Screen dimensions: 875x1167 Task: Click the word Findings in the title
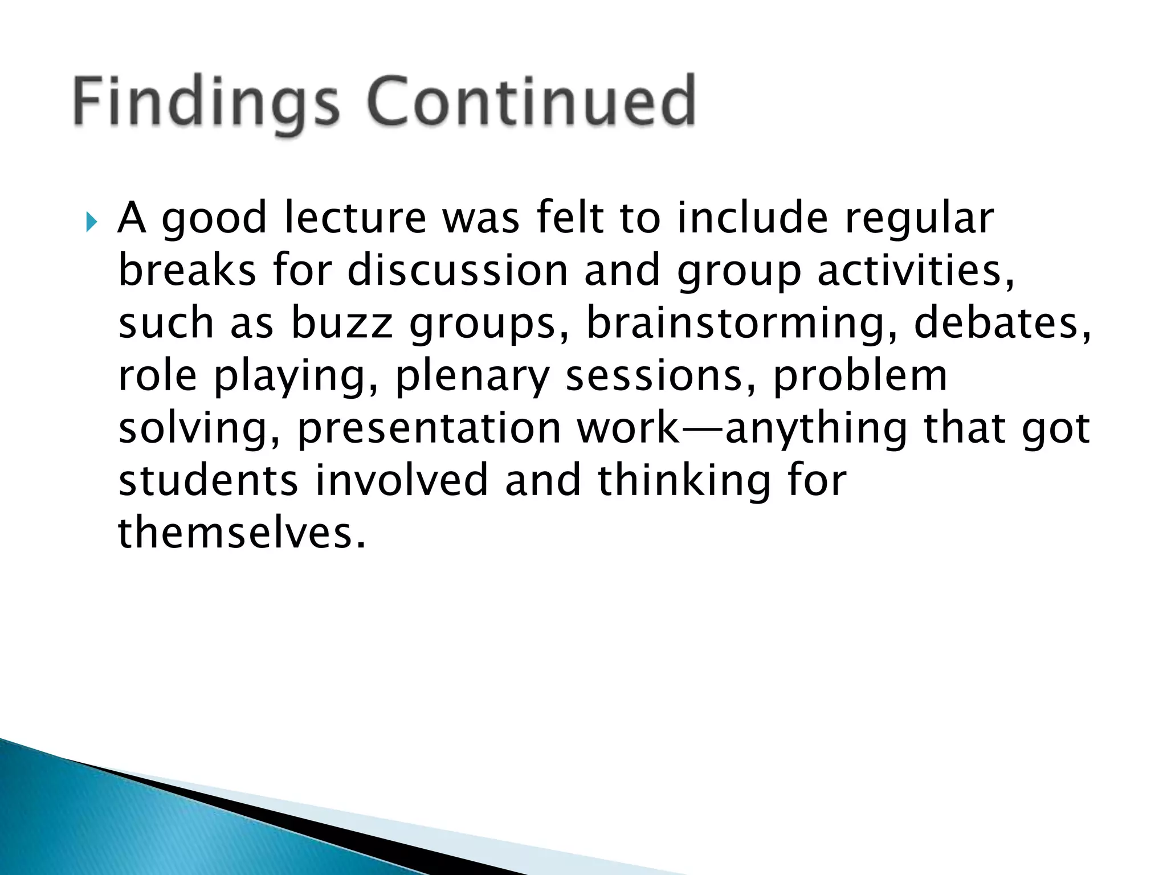[205, 103]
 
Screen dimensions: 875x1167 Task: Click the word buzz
[342, 323]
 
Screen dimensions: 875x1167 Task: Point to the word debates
[1003, 323]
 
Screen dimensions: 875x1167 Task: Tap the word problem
[860, 375]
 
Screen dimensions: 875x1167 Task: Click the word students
[208, 480]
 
